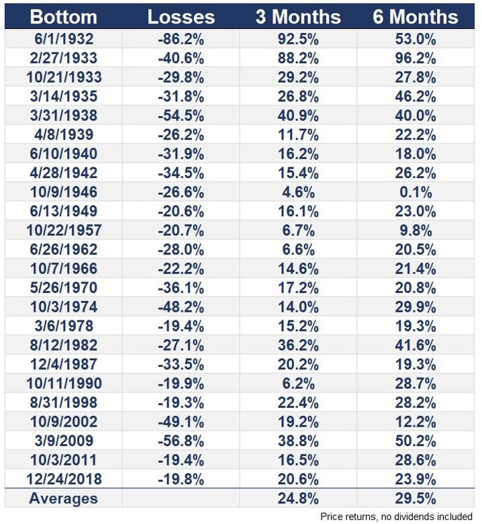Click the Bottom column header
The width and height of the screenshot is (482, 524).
pos(64,17)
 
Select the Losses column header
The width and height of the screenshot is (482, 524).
pos(181,17)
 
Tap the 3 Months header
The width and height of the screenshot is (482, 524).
pos(298,17)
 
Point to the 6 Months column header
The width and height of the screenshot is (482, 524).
pos(416,17)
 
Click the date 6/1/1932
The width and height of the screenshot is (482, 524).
pos(64,39)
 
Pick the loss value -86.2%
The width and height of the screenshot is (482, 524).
pos(181,39)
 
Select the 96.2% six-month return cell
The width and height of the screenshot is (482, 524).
pos(416,58)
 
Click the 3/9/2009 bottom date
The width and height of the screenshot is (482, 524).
pos(64,441)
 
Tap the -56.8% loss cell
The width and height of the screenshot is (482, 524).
pos(181,441)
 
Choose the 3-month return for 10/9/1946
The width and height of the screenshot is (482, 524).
pos(298,192)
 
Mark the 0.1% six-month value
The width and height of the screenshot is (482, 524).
pos(416,192)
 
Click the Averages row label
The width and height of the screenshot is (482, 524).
pos(64,498)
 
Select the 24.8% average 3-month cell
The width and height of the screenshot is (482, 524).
pos(298,498)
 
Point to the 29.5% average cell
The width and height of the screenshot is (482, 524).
pos(416,498)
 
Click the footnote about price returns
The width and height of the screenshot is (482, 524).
pos(396,517)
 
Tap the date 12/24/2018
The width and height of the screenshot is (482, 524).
pos(64,479)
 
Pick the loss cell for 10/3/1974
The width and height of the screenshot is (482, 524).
pos(181,307)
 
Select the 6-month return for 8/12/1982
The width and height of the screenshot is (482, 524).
pos(416,345)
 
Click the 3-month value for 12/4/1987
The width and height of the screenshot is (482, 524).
pos(298,364)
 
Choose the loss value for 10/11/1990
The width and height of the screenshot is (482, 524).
pos(181,384)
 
